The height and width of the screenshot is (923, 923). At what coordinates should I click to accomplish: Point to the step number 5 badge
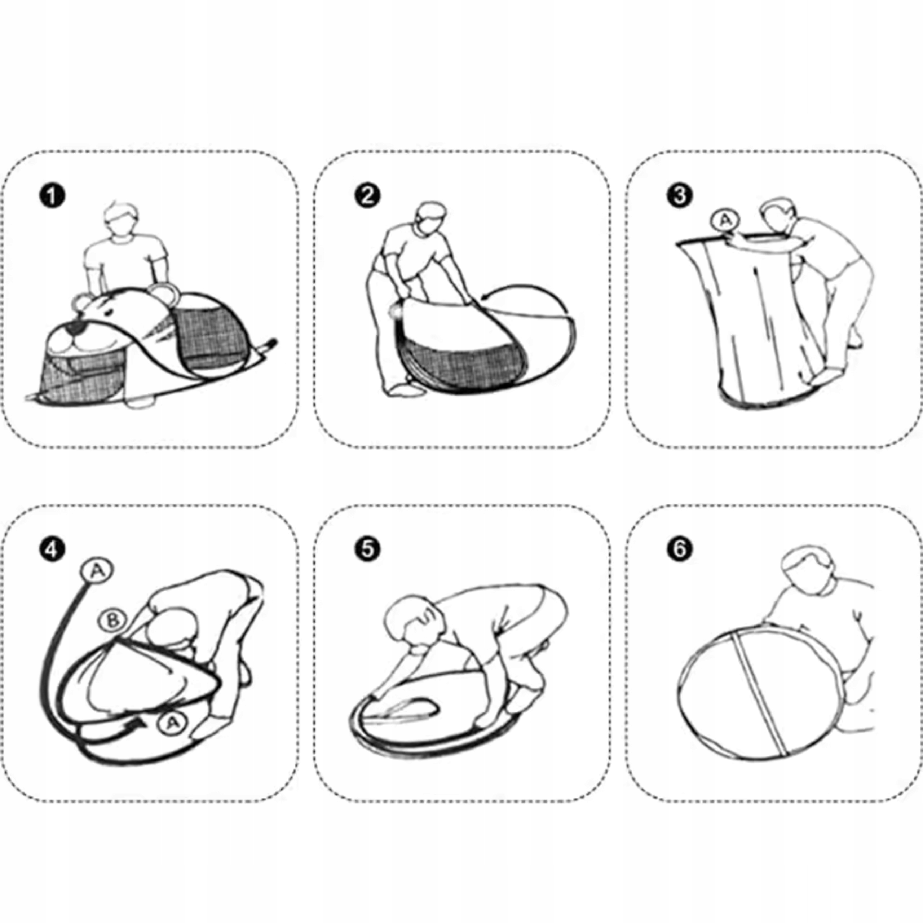tap(367, 549)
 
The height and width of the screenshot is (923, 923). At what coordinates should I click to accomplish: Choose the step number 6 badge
tap(679, 549)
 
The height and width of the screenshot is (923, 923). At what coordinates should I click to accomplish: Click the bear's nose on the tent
tap(74, 328)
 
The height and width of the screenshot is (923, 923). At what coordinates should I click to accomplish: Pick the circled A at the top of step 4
tap(97, 570)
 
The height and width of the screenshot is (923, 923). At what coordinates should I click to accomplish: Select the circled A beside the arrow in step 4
tap(173, 723)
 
